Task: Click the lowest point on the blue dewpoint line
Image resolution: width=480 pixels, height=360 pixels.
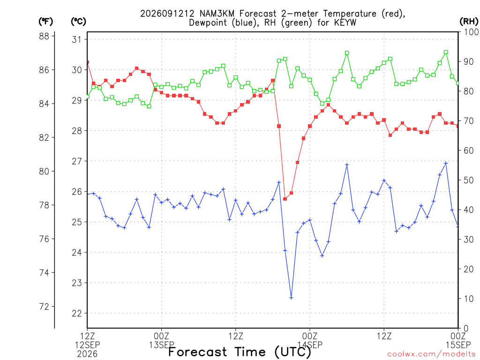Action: tap(291, 298)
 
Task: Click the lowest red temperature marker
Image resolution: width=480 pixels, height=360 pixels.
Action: tap(285, 199)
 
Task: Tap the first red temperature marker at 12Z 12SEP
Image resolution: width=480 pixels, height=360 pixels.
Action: tap(88, 62)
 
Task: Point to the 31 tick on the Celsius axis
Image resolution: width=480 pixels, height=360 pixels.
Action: tap(77, 39)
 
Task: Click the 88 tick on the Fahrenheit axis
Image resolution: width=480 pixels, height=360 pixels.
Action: tap(44, 36)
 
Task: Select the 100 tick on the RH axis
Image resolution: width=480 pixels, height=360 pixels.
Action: tap(472, 32)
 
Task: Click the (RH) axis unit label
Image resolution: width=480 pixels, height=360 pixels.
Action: tap(469, 22)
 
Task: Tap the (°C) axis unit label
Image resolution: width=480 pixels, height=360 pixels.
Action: tap(78, 22)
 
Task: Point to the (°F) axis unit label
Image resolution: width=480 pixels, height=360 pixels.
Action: tap(45, 22)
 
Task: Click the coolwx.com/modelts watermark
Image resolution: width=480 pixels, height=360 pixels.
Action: tap(433, 354)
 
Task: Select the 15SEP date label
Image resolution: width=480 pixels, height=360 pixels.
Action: tap(458, 345)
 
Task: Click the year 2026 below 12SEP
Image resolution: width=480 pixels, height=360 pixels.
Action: tap(87, 354)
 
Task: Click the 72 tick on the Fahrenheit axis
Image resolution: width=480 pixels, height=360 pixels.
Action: tap(44, 307)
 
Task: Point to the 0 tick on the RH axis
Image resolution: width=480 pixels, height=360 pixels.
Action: tap(466, 329)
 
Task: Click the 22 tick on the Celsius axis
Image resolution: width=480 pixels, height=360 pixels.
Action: tap(77, 313)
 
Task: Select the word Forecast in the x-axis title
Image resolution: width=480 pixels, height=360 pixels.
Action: tap(197, 352)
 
